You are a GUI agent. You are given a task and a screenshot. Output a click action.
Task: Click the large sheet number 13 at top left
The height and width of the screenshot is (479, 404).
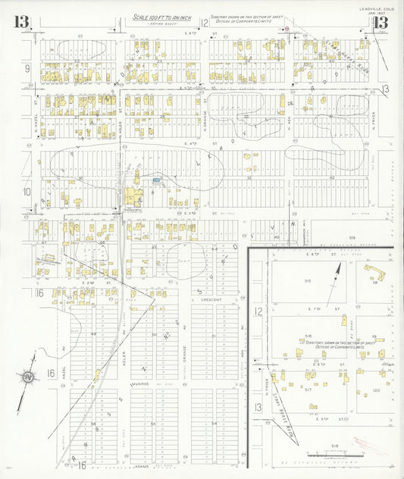21,21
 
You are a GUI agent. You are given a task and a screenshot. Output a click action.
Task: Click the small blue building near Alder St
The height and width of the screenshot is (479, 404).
155,180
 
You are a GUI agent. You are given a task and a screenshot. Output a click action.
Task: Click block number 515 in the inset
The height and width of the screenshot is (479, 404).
308,280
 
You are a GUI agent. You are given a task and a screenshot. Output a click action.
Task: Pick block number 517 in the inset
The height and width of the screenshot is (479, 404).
309,390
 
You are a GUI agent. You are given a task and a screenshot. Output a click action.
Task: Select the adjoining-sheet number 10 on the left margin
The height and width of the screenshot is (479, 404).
27,191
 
